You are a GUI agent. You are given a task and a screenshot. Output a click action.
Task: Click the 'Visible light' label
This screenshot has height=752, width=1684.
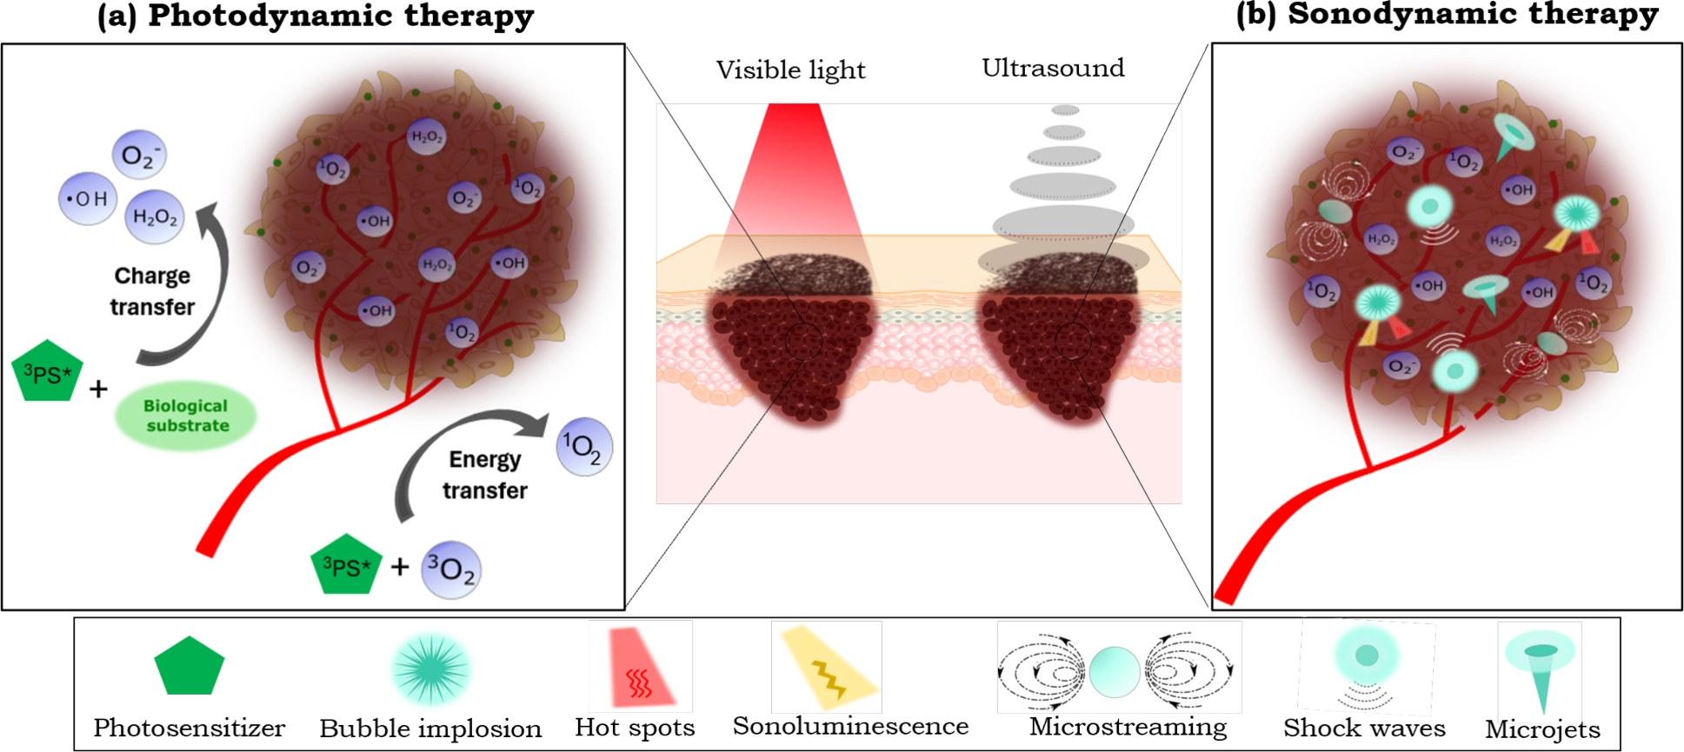[790, 70]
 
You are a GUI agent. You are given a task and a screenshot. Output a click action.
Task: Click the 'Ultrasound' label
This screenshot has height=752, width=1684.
[1053, 68]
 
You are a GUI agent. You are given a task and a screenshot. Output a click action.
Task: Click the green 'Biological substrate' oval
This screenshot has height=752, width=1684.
[186, 416]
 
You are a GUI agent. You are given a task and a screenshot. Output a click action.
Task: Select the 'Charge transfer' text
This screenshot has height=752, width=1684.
[152, 291]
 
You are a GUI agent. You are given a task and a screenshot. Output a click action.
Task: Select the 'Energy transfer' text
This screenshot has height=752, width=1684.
[485, 475]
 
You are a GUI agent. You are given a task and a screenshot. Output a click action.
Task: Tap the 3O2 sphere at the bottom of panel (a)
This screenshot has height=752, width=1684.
[451, 569]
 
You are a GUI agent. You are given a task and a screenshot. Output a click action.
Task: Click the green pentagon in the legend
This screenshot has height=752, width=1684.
[189, 666]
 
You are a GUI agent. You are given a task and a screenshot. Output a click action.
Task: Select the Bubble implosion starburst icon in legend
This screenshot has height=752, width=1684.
[430, 669]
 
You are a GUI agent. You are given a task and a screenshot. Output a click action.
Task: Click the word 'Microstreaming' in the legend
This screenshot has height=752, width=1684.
[1128, 727]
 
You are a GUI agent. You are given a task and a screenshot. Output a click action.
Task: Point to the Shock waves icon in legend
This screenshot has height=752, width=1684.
[1365, 666]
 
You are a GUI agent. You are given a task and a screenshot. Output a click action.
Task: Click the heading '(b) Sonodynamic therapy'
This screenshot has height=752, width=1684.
[1447, 15]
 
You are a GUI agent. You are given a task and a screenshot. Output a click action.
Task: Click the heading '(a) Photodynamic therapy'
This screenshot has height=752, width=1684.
[316, 16]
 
